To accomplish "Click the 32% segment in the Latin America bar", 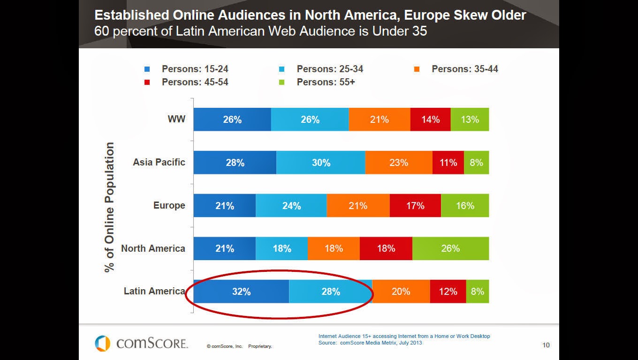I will (x=241, y=292).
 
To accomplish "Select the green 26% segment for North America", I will (x=450, y=248).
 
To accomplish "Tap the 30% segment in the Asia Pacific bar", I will (x=321, y=163).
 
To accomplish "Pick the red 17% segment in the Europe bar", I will (x=415, y=206).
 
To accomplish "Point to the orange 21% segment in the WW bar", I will (x=379, y=120).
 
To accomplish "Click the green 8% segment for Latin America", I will (x=477, y=292).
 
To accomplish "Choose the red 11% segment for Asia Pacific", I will (x=448, y=163).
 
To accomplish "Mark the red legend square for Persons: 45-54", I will (x=147, y=82).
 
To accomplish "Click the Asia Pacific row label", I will (x=159, y=162).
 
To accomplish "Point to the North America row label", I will (x=153, y=248).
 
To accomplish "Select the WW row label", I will (x=176, y=119).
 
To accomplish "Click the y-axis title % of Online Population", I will (x=110, y=207).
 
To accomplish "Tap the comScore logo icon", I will (x=102, y=343).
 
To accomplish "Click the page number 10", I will (x=546, y=345).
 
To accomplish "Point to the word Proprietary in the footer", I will (x=260, y=346).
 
